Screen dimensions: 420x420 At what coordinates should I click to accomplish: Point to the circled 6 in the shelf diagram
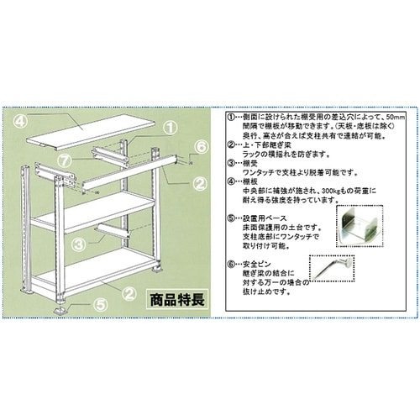point(199,147)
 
